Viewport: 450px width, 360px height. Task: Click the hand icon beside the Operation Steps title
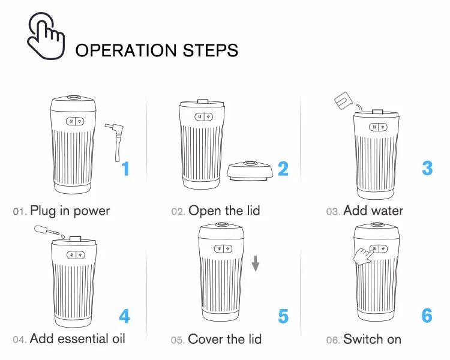(x=46, y=36)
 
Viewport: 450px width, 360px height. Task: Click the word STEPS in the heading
(x=211, y=50)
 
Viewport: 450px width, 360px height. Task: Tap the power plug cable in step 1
(x=115, y=141)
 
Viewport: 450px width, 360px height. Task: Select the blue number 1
(x=125, y=169)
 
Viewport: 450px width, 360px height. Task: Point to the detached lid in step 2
(x=249, y=171)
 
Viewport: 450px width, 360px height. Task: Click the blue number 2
(x=283, y=169)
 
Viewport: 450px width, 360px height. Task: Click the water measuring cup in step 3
(x=343, y=101)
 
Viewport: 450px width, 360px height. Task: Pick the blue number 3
(x=427, y=168)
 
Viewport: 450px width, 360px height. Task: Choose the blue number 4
(x=124, y=316)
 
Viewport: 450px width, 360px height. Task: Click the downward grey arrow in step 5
(x=256, y=263)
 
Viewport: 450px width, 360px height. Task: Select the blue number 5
(x=283, y=316)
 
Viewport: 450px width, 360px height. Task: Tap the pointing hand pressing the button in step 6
(x=363, y=256)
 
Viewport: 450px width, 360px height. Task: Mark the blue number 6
(x=427, y=316)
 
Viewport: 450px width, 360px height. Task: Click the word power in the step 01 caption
(x=92, y=212)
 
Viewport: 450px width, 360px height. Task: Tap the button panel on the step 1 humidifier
(x=75, y=121)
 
